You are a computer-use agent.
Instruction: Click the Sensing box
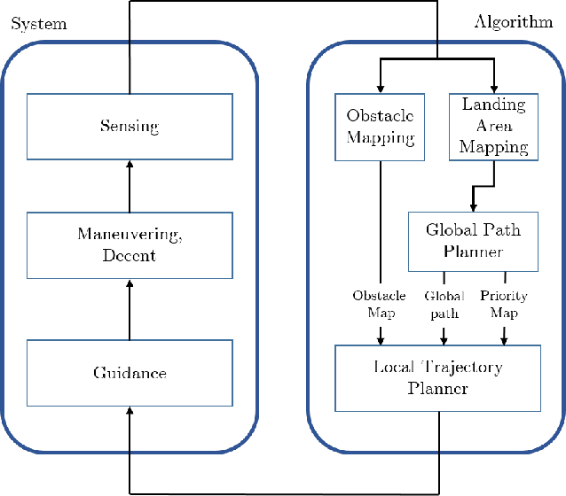[130, 126]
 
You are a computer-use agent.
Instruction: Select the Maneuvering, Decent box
[130, 244]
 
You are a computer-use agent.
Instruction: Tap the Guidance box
[130, 373]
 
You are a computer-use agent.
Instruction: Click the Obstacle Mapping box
[380, 126]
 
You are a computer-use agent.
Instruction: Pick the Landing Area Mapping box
[493, 126]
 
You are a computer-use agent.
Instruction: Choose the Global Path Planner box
[472, 240]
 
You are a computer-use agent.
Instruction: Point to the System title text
[38, 23]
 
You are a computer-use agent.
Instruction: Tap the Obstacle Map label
[380, 304]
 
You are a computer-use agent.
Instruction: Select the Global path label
[444, 304]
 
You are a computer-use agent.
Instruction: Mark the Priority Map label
[504, 304]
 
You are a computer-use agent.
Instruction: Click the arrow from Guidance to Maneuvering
[130, 310]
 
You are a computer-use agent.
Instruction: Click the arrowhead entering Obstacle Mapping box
[380, 87]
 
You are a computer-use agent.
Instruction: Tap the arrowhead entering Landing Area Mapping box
[493, 87]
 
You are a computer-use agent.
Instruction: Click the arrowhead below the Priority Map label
[504, 338]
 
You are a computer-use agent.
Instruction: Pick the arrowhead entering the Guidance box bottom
[130, 410]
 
